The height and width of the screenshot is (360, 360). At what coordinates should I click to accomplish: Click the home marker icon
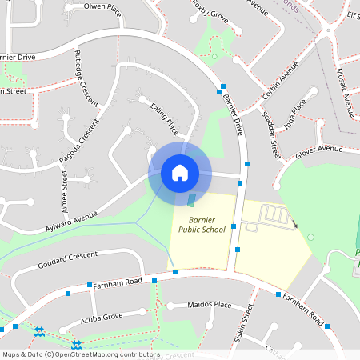(x=179, y=172)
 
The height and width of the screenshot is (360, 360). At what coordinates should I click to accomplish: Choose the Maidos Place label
(x=209, y=305)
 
